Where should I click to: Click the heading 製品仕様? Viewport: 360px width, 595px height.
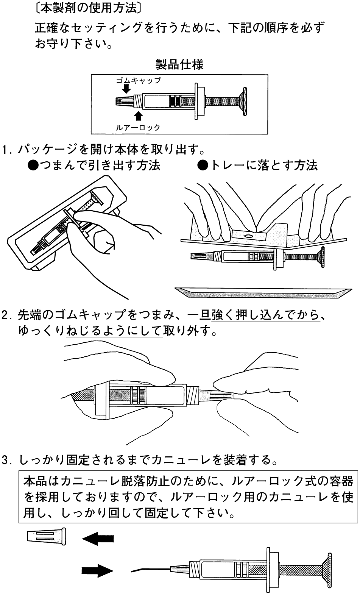tap(179, 65)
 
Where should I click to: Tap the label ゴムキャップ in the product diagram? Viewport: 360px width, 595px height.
tap(138, 80)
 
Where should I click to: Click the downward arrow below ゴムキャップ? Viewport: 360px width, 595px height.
tap(126, 89)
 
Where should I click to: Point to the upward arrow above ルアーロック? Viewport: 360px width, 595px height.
tap(139, 116)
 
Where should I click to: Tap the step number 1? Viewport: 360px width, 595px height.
tap(6, 149)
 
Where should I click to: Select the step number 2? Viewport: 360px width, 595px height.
tap(6, 315)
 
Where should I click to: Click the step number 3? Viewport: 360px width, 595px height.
tap(6, 460)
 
